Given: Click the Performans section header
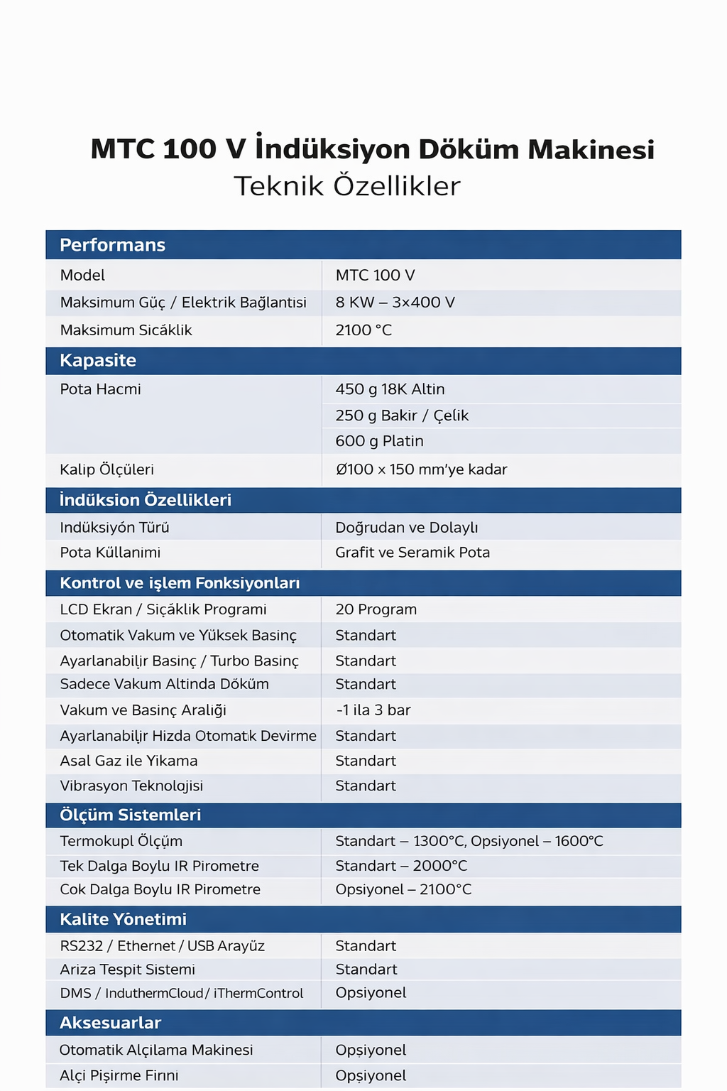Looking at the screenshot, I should pyautogui.click(x=112, y=245).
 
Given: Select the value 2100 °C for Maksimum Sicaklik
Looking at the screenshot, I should pyautogui.click(x=363, y=330).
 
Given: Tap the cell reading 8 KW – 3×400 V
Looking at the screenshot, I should pyautogui.click(x=395, y=303).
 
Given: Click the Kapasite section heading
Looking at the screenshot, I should pyautogui.click(x=98, y=360).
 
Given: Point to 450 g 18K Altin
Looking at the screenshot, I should pyautogui.click(x=390, y=389).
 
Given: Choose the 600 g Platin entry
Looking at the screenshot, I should pyautogui.click(x=379, y=441).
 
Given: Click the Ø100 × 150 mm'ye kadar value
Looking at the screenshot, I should pyautogui.click(x=421, y=469).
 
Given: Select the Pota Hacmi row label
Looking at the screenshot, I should pyautogui.click(x=100, y=389).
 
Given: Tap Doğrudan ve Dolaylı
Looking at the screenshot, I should pyautogui.click(x=406, y=528).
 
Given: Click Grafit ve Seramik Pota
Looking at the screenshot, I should pyautogui.click(x=412, y=553).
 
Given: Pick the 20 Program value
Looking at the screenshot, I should pyautogui.click(x=376, y=609).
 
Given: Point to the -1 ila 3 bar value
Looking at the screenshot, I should pyautogui.click(x=373, y=710).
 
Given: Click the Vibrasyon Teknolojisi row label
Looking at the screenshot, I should pyautogui.click(x=131, y=786).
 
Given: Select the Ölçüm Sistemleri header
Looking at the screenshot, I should pyautogui.click(x=130, y=815).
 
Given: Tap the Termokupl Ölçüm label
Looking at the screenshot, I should pyautogui.click(x=121, y=841).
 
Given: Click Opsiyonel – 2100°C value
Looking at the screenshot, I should pyautogui.click(x=403, y=889).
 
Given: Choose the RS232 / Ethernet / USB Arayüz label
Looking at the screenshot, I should pyautogui.click(x=162, y=946).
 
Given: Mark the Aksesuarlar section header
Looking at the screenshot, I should pyautogui.click(x=110, y=1023).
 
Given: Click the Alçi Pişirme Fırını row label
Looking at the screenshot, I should pyautogui.click(x=119, y=1075).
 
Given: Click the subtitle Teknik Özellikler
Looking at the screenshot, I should pyautogui.click(x=347, y=186).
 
